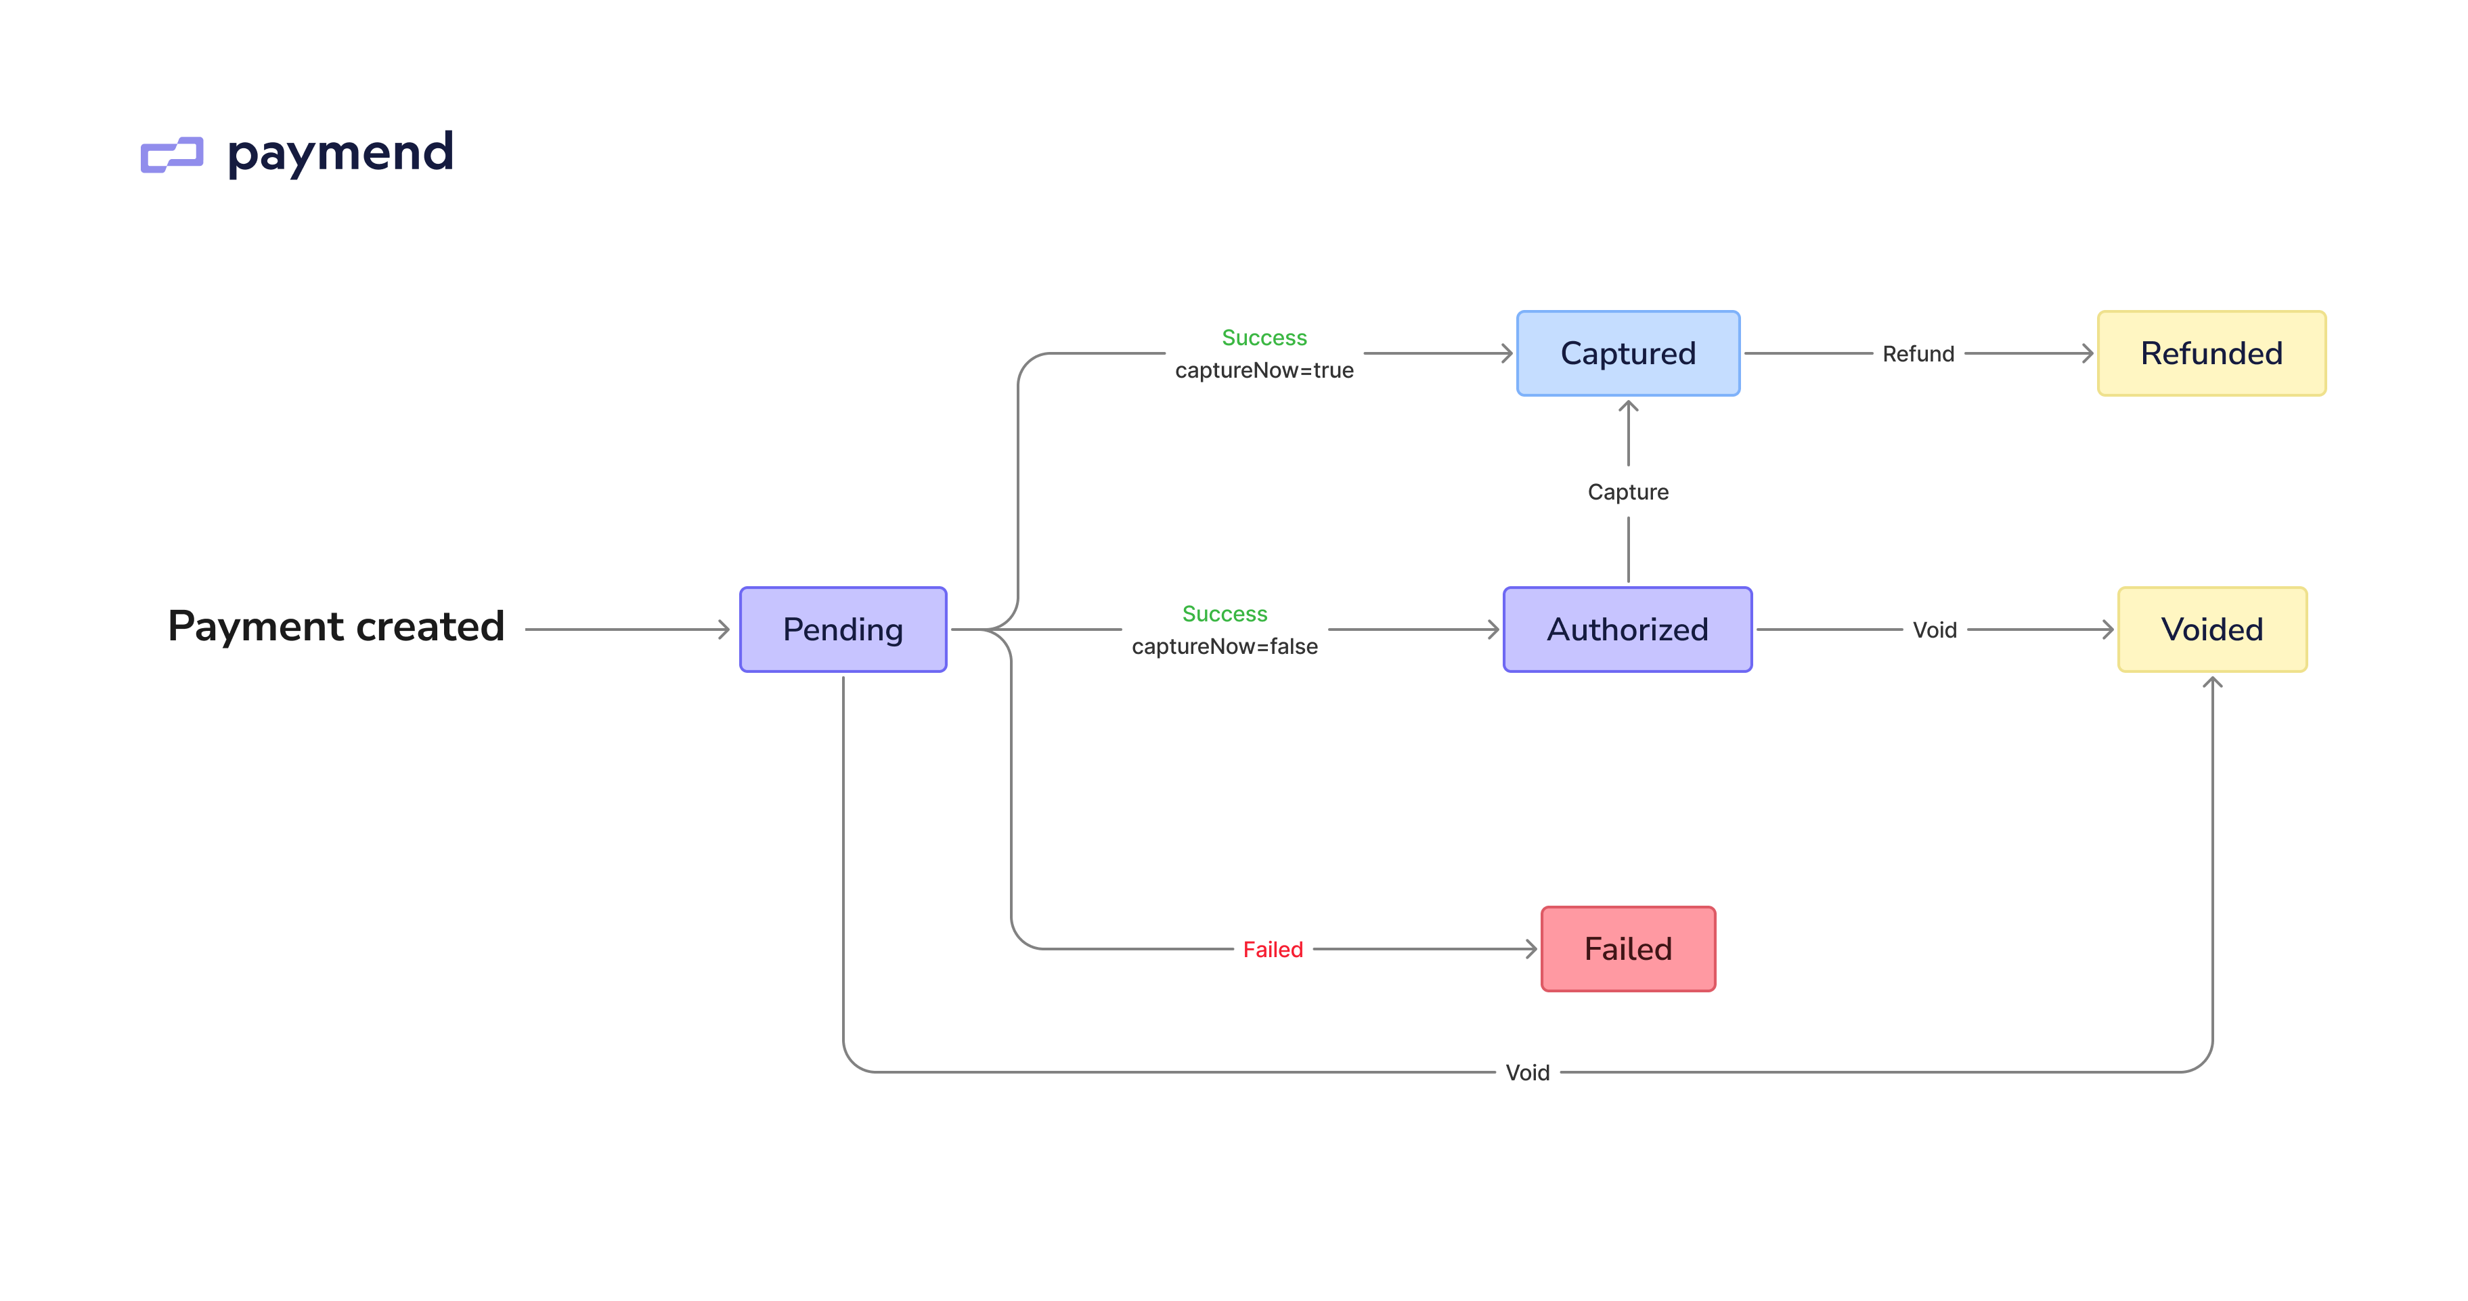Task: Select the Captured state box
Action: tap(1628, 353)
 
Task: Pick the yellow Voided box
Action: tap(2211, 630)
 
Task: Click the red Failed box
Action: tap(1628, 948)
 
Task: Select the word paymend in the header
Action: tap(340, 153)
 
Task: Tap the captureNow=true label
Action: tap(1264, 371)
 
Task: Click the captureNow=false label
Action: tap(1225, 646)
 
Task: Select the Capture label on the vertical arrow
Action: tap(1628, 492)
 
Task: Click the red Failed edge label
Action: tap(1273, 950)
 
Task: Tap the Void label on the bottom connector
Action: tap(1527, 1073)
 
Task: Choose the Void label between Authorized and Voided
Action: tap(1935, 630)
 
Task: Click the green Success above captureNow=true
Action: tap(1264, 338)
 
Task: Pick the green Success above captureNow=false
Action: tap(1225, 614)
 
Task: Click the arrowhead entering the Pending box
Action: tap(724, 630)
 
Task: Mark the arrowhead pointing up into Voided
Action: tap(2212, 683)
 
